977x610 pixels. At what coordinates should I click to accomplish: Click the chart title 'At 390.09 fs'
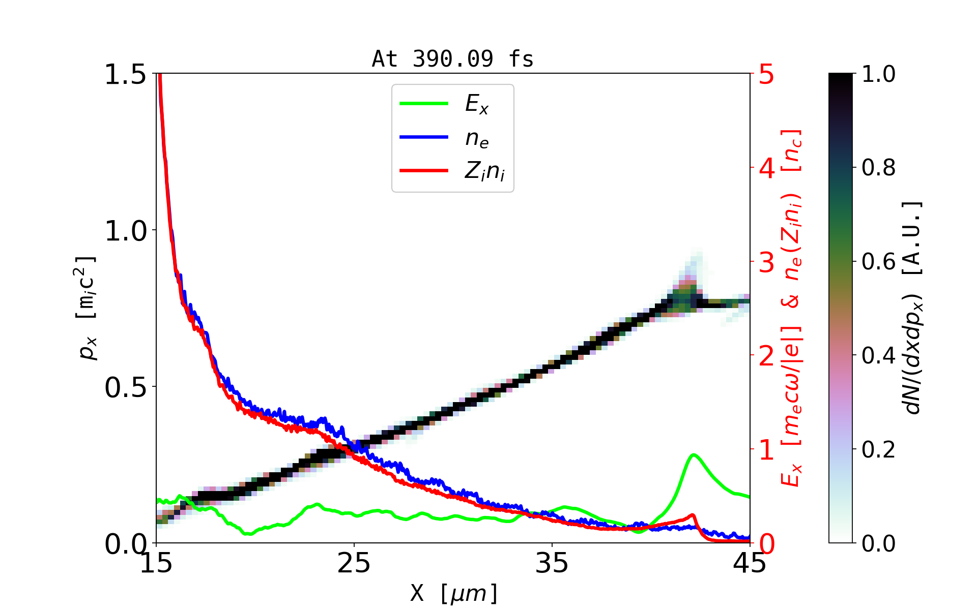(x=452, y=59)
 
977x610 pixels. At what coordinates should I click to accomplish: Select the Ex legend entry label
(x=477, y=104)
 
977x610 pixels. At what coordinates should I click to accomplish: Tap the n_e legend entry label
(x=477, y=138)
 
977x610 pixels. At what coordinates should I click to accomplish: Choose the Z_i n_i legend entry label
(x=484, y=171)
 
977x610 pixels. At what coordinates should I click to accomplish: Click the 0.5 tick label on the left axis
(x=125, y=387)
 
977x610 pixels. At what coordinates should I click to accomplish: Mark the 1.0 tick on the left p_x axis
(x=125, y=231)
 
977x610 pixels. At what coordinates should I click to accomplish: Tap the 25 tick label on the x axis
(x=354, y=563)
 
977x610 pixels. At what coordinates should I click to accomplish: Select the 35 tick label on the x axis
(x=552, y=563)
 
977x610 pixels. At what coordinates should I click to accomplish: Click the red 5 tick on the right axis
(x=767, y=75)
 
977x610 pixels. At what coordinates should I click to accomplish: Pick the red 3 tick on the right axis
(x=767, y=262)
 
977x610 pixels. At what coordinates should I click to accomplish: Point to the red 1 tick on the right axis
(x=767, y=450)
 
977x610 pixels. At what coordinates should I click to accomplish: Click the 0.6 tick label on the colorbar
(x=878, y=262)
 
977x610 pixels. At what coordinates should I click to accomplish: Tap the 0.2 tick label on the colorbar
(x=878, y=449)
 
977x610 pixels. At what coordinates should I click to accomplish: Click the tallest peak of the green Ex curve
(x=693, y=454)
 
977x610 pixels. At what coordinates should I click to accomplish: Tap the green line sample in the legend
(x=424, y=104)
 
